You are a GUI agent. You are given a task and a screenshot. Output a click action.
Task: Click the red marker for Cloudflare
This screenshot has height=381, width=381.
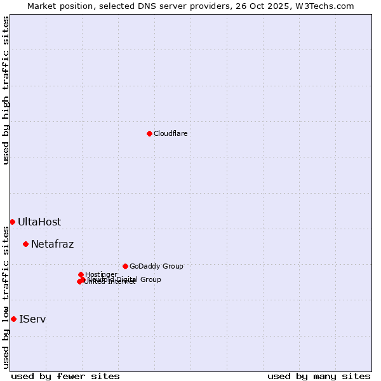point(149,133)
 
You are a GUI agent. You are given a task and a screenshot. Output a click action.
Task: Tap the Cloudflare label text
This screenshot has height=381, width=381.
point(170,133)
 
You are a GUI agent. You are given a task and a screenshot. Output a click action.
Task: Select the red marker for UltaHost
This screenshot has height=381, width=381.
point(12,222)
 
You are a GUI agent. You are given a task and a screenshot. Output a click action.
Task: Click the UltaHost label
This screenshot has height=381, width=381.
point(39,222)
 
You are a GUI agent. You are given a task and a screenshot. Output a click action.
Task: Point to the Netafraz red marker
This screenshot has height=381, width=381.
point(25,244)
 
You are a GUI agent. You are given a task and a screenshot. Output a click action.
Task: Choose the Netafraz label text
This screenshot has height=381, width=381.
point(52,244)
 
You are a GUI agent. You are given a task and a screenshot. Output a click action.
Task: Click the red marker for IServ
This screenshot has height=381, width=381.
point(13,319)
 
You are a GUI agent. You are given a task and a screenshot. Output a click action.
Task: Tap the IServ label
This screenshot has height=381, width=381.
point(32,319)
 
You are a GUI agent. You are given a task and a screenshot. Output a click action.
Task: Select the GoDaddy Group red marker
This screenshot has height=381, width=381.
point(125,266)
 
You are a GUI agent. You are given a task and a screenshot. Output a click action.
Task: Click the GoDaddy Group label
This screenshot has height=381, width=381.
point(156,266)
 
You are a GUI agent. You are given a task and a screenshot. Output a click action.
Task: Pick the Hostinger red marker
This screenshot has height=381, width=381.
point(81,274)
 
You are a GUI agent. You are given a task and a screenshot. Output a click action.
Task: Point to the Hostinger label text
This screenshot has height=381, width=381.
point(101,274)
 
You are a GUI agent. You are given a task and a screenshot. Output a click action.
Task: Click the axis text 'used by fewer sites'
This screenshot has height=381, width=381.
point(65,376)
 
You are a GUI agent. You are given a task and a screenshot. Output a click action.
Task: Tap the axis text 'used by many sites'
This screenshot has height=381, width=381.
point(319,376)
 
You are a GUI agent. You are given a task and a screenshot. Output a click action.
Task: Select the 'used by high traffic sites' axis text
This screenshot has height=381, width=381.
point(6,90)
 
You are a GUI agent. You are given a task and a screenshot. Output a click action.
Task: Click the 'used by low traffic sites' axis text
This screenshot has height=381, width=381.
point(6,297)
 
